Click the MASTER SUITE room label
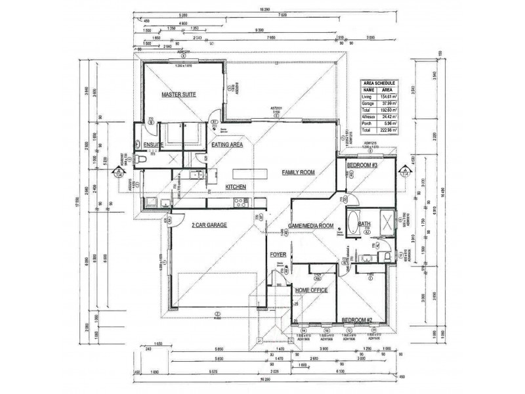point(179,95)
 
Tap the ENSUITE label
point(152,145)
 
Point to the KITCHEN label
point(236,187)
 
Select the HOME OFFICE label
point(312,290)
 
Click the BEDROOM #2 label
point(356,320)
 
